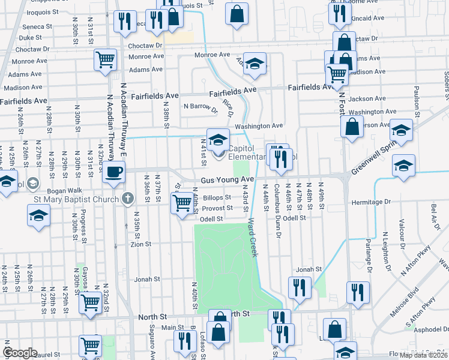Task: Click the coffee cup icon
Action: [113, 172]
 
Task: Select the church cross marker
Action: [127, 199]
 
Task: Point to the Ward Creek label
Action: [252, 238]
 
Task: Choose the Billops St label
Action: [217, 197]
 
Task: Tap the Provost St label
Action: [217, 208]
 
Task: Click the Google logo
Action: [20, 352]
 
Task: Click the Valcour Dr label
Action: [400, 228]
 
